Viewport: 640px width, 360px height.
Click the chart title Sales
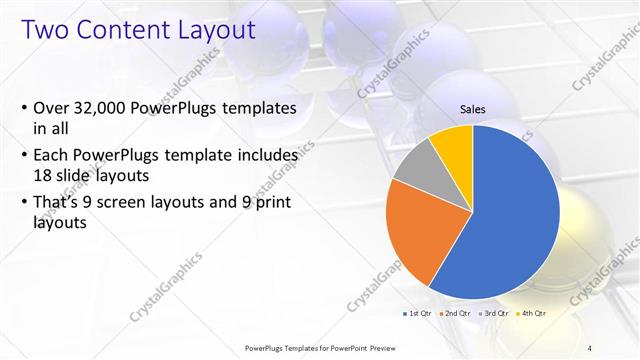(472, 108)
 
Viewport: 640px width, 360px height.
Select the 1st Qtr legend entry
(418, 313)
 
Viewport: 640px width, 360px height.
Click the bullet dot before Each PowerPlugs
(24, 157)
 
